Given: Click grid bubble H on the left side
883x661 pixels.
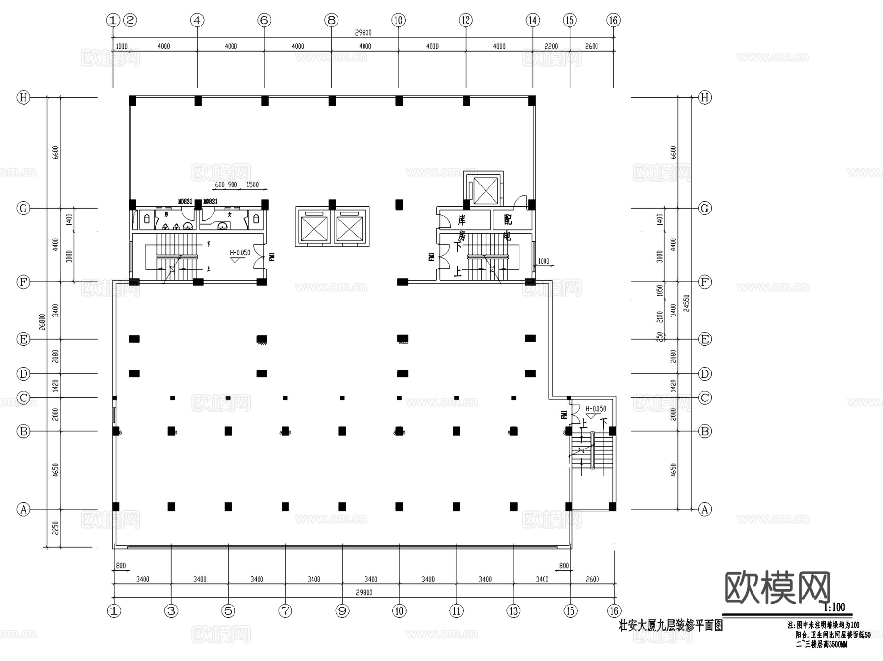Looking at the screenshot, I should coord(23,97).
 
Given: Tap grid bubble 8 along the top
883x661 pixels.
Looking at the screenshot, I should coord(331,20).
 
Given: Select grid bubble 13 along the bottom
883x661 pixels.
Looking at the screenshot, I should coord(514,611).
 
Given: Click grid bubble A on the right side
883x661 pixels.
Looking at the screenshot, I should coord(705,509).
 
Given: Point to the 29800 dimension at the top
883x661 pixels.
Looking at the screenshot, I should coord(364,33).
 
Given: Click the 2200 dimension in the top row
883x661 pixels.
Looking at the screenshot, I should coord(551,46).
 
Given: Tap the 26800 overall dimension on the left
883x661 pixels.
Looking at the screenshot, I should coord(42,322).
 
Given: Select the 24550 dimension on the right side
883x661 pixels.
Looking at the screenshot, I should coord(687,303).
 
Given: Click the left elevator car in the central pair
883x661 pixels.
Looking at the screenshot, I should coord(314,228).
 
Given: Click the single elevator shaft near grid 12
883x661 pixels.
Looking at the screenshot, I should coord(486,190).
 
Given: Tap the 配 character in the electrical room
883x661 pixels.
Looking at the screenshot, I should coord(508,219).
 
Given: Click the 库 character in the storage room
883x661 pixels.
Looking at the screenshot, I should coord(461,219).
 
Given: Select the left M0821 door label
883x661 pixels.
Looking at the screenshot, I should coord(185,201).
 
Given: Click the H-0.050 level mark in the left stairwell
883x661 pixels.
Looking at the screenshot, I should coord(240,253).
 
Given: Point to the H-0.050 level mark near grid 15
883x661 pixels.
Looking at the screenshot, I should coord(596,409).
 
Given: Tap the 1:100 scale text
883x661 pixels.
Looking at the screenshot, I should coord(834,608).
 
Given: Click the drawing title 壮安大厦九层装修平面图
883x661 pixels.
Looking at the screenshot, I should coord(670,626).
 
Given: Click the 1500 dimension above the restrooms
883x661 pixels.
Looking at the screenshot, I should coord(253,185).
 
